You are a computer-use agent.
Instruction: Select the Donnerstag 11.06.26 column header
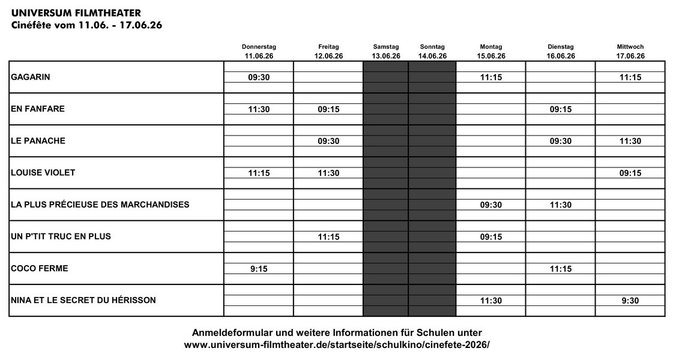click(x=259, y=52)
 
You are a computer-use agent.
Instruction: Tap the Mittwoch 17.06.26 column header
click(x=630, y=52)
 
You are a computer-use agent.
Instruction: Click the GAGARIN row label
click(x=29, y=77)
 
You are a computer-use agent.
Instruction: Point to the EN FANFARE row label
click(x=38, y=109)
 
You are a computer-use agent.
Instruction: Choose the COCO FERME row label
click(x=39, y=268)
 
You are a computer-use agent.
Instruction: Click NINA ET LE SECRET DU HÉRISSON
click(x=83, y=300)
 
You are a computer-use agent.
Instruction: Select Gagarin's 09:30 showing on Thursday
click(x=259, y=77)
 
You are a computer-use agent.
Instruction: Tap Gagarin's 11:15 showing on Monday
click(x=491, y=77)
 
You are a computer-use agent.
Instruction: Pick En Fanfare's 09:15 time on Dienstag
click(x=561, y=109)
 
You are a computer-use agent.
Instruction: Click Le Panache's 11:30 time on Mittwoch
click(x=630, y=141)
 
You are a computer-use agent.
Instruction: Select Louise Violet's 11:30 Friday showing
click(x=328, y=173)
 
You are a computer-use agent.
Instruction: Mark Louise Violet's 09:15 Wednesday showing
click(x=630, y=173)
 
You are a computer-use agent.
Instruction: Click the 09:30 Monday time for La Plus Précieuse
click(x=491, y=205)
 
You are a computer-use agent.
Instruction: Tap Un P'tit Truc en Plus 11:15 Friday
click(x=328, y=236)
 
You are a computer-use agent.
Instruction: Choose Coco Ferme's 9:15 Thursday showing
click(x=259, y=268)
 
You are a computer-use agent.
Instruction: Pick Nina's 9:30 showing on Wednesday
click(x=630, y=300)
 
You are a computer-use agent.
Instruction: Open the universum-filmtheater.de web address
click(x=337, y=345)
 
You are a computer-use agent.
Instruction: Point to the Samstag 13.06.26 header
click(x=386, y=52)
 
